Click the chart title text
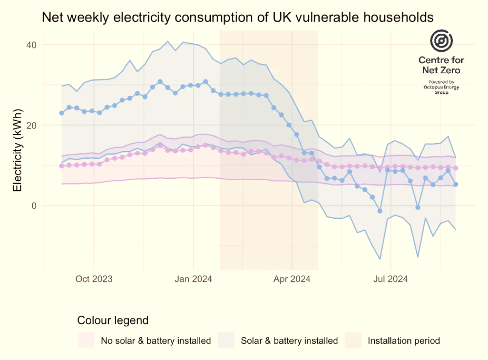pyautogui.click(x=238, y=18)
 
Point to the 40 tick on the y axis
pyautogui.click(x=31, y=45)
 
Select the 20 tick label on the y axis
pyautogui.click(x=31, y=125)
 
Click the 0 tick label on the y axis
pyautogui.click(x=34, y=206)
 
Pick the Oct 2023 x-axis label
pyautogui.click(x=94, y=279)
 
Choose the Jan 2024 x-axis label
pyautogui.click(x=194, y=279)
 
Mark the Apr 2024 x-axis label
pyautogui.click(x=292, y=279)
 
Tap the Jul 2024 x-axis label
pyautogui.click(x=390, y=279)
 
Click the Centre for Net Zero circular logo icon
pyautogui.click(x=441, y=41)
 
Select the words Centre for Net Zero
pyautogui.click(x=441, y=65)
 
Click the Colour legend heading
pyautogui.click(x=113, y=321)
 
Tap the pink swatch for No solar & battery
pyautogui.click(x=85, y=340)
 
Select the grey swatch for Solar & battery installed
pyautogui.click(x=225, y=340)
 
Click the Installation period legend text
pyautogui.click(x=404, y=340)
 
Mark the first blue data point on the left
pyautogui.click(x=61, y=113)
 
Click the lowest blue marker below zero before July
pyautogui.click(x=380, y=211)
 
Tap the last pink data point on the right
pyautogui.click(x=456, y=168)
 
